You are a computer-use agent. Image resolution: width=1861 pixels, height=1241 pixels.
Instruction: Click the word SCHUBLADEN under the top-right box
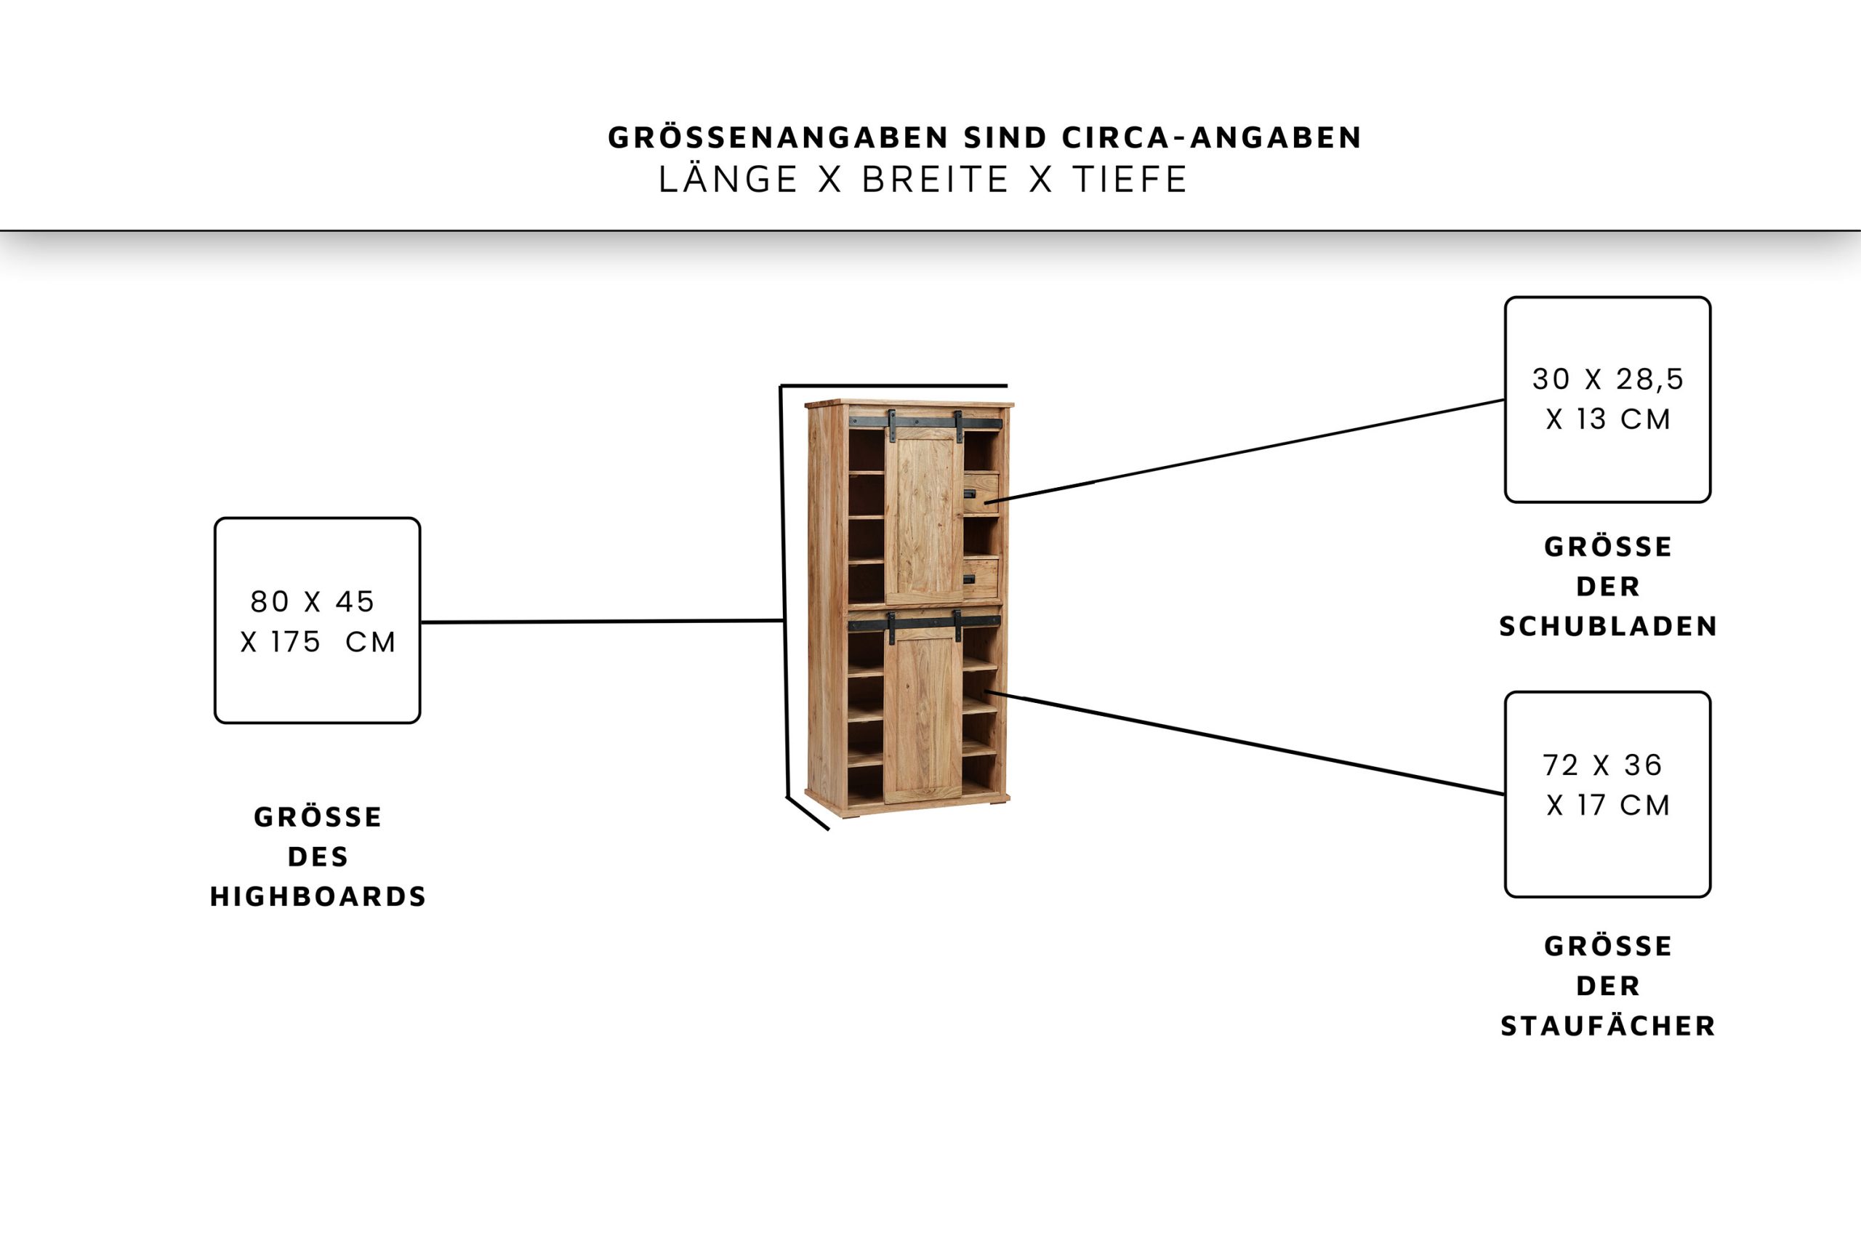click(x=1608, y=626)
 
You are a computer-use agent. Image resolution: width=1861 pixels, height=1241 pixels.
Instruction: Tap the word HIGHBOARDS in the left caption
click(x=318, y=896)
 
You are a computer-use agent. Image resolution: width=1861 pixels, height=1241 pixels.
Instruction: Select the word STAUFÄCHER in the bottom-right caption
click(x=1608, y=1026)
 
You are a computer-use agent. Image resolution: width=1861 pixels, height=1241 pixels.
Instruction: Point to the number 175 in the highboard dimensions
click(x=295, y=642)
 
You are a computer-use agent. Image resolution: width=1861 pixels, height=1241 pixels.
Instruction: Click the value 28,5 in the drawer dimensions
click(x=1649, y=379)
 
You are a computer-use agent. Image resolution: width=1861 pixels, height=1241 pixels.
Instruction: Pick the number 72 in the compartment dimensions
click(x=1560, y=765)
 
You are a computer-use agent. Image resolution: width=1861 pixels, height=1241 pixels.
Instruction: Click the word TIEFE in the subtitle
click(x=1130, y=180)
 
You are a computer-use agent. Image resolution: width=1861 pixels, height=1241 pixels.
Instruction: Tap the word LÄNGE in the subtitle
click(x=728, y=180)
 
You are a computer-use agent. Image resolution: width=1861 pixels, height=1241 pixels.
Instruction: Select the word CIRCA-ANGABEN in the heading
click(x=1211, y=137)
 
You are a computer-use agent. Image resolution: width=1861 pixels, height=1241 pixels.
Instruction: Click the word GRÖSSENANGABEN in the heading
click(x=778, y=137)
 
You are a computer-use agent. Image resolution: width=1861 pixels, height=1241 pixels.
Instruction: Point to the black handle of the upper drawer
click(x=969, y=494)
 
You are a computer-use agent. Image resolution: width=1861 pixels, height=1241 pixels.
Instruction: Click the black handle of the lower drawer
click(x=969, y=579)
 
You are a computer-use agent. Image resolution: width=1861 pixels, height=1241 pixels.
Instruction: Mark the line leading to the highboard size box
click(x=601, y=622)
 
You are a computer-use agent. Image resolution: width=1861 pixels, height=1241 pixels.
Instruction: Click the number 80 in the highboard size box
click(x=270, y=601)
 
